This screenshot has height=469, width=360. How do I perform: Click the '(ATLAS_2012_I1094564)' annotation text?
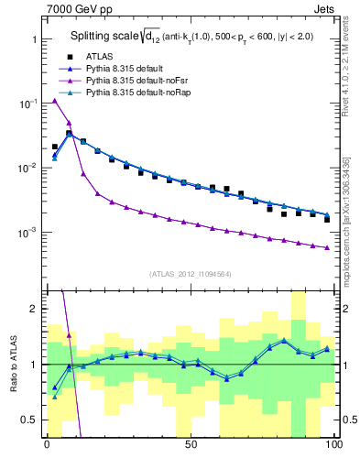click(x=190, y=273)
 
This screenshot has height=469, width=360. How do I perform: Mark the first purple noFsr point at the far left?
click(x=54, y=101)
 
